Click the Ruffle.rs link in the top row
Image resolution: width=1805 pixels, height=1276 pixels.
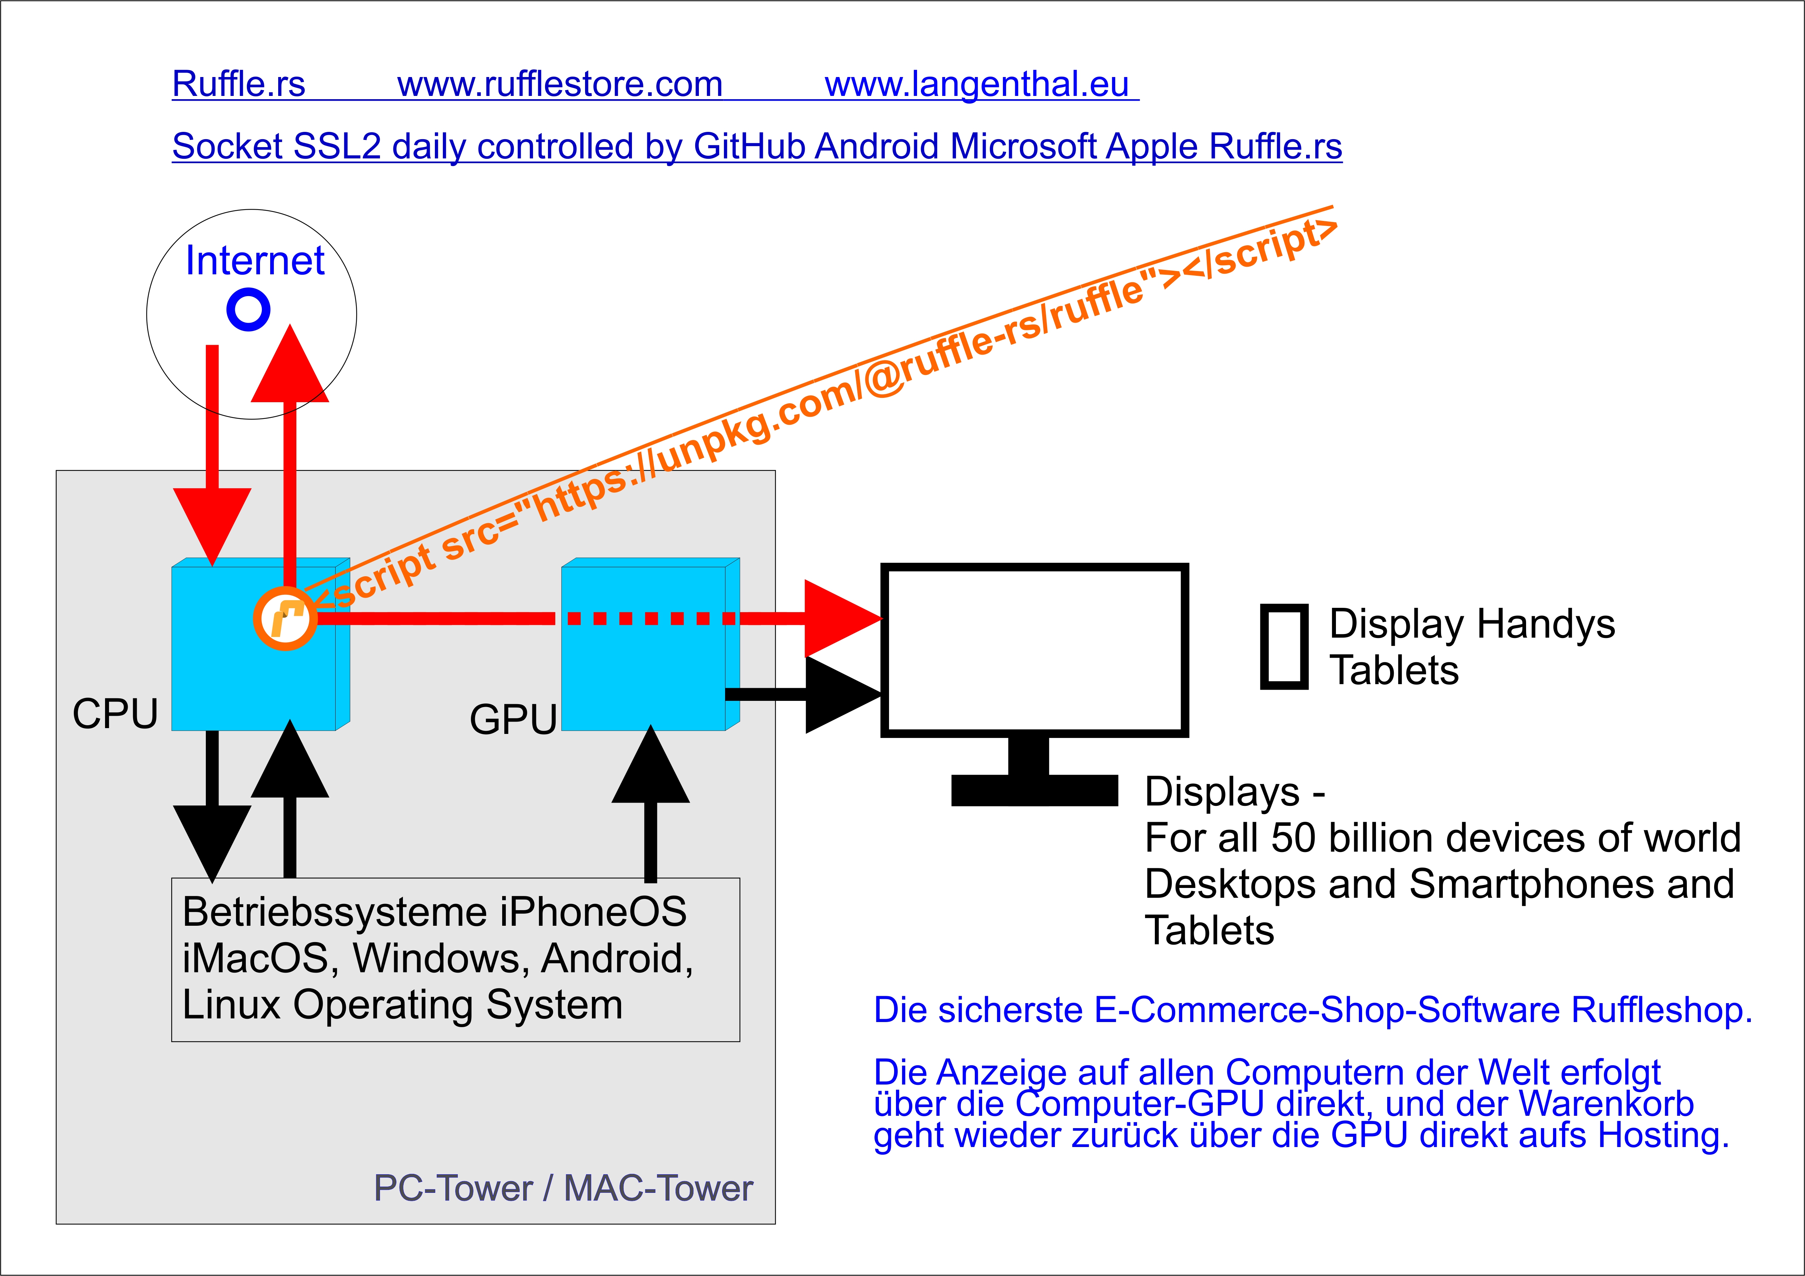click(238, 84)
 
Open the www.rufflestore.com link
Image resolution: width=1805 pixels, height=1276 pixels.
click(560, 84)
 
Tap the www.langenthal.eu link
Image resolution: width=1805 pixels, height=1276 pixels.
click(976, 84)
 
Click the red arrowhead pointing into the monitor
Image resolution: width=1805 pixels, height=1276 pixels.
click(840, 618)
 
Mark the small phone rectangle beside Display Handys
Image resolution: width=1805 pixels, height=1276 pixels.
click(1284, 647)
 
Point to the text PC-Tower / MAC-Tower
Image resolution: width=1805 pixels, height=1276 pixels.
click(563, 1188)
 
